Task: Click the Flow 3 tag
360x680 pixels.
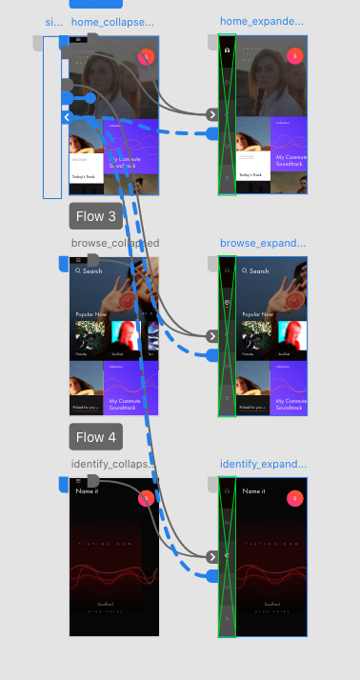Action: point(96,216)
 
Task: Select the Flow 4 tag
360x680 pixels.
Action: point(96,437)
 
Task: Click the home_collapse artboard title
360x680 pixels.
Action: point(112,21)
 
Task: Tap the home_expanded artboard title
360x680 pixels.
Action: point(262,21)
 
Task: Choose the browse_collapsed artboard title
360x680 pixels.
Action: point(114,243)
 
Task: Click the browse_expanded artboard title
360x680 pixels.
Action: point(263,243)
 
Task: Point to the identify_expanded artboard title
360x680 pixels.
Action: point(263,464)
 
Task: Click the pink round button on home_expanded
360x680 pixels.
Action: point(295,55)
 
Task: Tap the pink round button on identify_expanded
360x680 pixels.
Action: point(295,497)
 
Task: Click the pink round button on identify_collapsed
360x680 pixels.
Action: point(147,497)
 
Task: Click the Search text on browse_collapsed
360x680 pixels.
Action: point(92,270)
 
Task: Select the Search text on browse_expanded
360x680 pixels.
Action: point(259,270)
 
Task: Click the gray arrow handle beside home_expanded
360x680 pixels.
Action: point(213,114)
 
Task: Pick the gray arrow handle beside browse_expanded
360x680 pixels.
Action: point(213,336)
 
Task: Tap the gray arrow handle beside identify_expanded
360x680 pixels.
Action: point(213,556)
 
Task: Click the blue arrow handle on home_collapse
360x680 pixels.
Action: point(68,117)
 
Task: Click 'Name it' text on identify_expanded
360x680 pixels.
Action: point(253,491)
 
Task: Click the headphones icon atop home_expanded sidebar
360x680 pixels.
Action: point(227,47)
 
